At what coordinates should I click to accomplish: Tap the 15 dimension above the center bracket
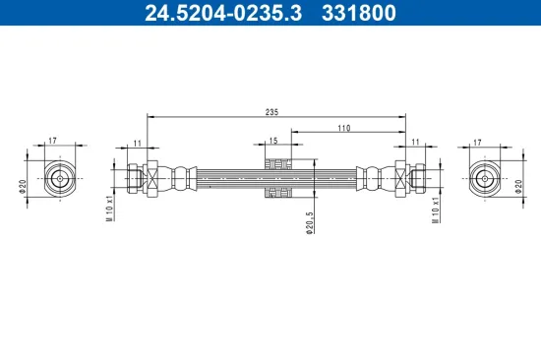273,142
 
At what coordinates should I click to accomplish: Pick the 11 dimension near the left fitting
137,143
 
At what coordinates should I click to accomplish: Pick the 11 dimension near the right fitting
415,143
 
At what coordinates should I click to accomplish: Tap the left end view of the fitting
60,179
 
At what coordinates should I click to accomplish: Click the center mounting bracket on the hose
275,178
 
